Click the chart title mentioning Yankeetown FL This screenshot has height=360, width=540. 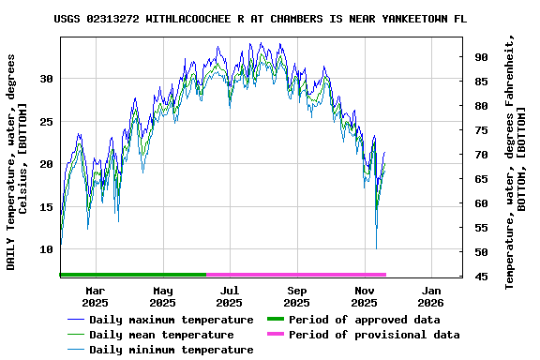pyautogui.click(x=260, y=18)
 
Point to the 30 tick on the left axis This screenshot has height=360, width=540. pyautogui.click(x=46, y=79)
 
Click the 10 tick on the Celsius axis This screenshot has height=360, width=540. pyautogui.click(x=46, y=250)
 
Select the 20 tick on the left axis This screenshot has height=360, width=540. pyautogui.click(x=46, y=164)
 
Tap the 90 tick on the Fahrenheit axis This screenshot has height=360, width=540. pyautogui.click(x=481, y=57)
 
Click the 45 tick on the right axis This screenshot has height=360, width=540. pyautogui.click(x=481, y=276)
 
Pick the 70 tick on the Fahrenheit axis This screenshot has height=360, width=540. pyautogui.click(x=481, y=155)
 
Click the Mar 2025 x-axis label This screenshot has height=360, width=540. pyautogui.click(x=95, y=296)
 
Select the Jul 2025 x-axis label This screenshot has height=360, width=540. pyautogui.click(x=229, y=296)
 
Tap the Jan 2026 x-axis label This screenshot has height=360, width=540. pyautogui.click(x=430, y=296)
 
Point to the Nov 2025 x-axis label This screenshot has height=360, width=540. pyautogui.click(x=364, y=296)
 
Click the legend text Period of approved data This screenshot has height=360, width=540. pyautogui.click(x=365, y=320)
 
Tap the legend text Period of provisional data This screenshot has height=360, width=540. pyautogui.click(x=374, y=335)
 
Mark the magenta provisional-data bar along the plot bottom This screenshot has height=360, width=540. pyautogui.click(x=295, y=275)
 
